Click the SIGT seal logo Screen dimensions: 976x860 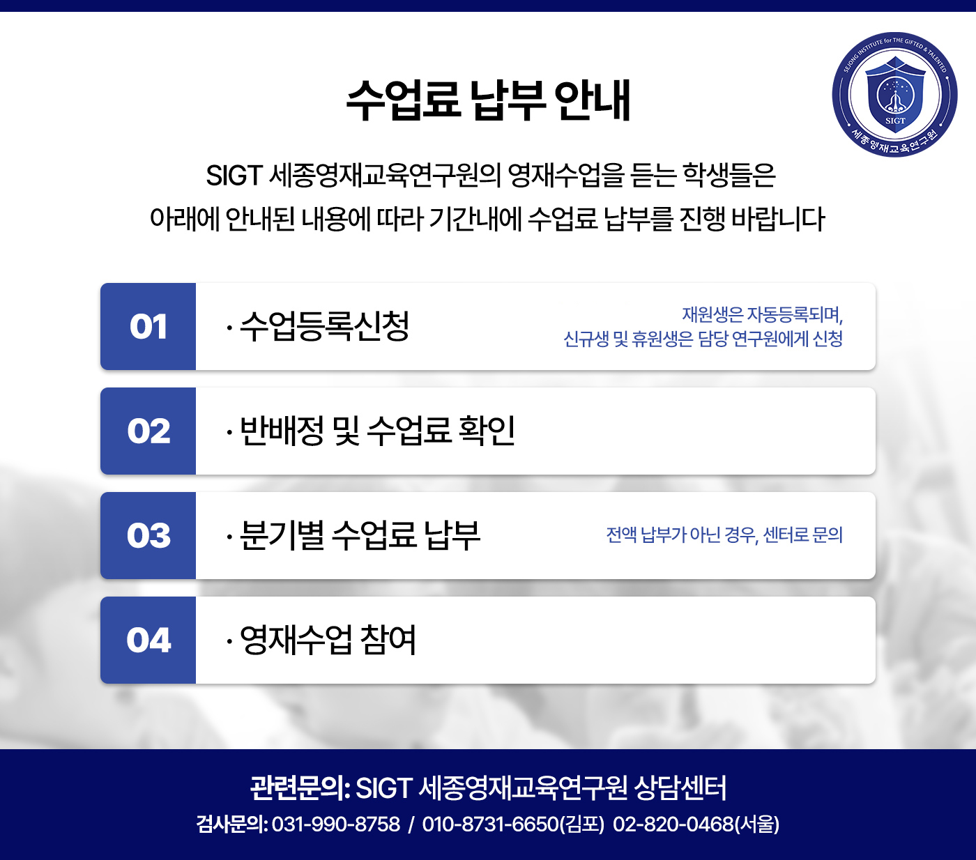(894, 95)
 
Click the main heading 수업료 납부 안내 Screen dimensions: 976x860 (488, 100)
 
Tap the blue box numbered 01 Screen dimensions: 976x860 (148, 326)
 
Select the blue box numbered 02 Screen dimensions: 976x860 (148, 431)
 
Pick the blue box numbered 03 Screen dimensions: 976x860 (148, 535)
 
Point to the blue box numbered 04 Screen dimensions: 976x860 (148, 640)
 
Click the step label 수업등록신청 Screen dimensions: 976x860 (324, 326)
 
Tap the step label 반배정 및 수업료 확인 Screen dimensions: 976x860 (377, 431)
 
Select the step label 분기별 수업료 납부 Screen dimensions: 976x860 (359, 535)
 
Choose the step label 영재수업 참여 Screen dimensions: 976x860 (328, 640)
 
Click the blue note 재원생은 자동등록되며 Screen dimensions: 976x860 (762, 315)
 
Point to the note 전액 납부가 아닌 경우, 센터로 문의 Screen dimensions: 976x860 (724, 535)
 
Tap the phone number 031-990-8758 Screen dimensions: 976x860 (336, 824)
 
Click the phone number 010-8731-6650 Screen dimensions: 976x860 (490, 824)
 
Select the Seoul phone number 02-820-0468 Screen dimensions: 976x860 (673, 824)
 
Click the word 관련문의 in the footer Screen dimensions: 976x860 (297, 788)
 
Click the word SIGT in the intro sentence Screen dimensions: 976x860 (234, 175)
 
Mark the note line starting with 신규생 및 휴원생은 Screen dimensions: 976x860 (703, 339)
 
